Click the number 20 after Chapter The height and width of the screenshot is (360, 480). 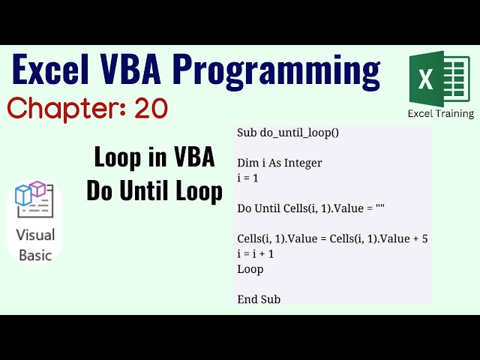pyautogui.click(x=151, y=108)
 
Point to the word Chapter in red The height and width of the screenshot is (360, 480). pyautogui.click(x=64, y=108)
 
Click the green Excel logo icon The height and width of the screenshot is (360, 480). pyautogui.click(x=439, y=78)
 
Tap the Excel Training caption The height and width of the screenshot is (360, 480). pyautogui.click(x=440, y=114)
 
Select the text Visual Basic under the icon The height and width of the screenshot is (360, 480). pyautogui.click(x=35, y=245)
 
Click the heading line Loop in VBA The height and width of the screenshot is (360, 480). pyautogui.click(x=154, y=157)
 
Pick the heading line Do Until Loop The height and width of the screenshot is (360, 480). pyautogui.click(x=154, y=191)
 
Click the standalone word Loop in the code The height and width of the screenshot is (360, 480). pyautogui.click(x=250, y=268)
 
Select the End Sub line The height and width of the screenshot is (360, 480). pyautogui.click(x=259, y=299)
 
